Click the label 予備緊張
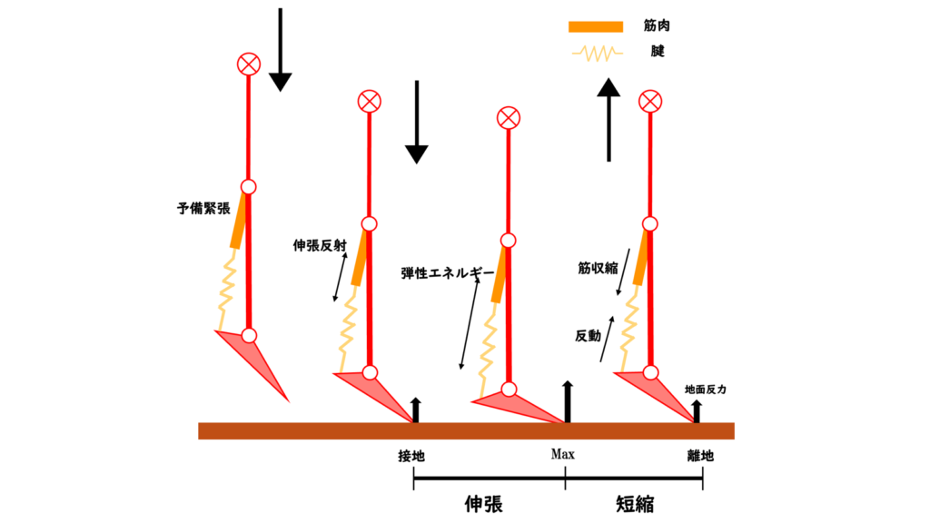click(203, 208)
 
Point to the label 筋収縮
click(598, 268)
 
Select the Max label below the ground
click(563, 455)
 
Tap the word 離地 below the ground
click(700, 456)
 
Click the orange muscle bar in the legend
click(596, 26)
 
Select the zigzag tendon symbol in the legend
click(596, 54)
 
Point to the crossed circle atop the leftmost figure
click(248, 64)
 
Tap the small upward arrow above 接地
click(416, 410)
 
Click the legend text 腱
click(658, 52)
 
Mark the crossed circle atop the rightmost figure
click(649, 101)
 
